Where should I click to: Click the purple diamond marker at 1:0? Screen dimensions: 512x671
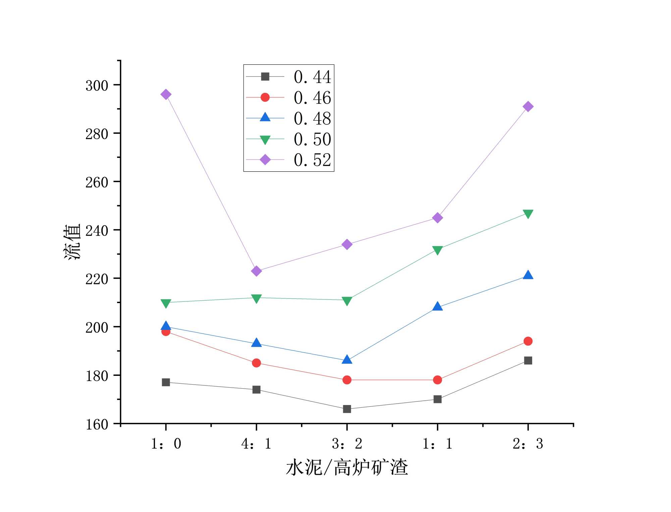pyautogui.click(x=166, y=95)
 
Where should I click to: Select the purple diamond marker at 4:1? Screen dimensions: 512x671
pyautogui.click(x=256, y=271)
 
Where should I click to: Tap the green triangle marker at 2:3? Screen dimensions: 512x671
pyautogui.click(x=528, y=214)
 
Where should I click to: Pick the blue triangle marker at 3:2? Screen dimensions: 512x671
pyautogui.click(x=347, y=360)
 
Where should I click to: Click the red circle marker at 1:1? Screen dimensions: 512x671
pyautogui.click(x=437, y=380)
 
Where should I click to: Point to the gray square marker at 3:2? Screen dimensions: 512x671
pyautogui.click(x=347, y=409)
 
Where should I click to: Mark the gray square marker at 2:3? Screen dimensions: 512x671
pyautogui.click(x=528, y=360)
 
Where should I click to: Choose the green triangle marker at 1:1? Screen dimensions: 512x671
pyautogui.click(x=437, y=250)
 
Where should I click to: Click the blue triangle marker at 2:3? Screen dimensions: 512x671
pyautogui.click(x=528, y=275)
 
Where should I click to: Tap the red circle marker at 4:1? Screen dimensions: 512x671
pyautogui.click(x=256, y=363)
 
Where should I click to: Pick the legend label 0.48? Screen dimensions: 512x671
pyautogui.click(x=312, y=118)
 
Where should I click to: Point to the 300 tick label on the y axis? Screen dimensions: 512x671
pyautogui.click(x=97, y=86)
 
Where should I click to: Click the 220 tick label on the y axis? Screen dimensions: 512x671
pyautogui.click(x=97, y=279)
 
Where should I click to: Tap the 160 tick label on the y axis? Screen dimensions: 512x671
pyautogui.click(x=97, y=424)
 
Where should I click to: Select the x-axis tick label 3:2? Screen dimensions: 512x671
pyautogui.click(x=347, y=444)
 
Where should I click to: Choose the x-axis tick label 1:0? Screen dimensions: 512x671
pyautogui.click(x=166, y=444)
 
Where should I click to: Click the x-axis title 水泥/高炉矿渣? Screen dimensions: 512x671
pyautogui.click(x=347, y=467)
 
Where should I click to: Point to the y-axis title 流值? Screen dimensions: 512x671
pyautogui.click(x=72, y=241)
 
